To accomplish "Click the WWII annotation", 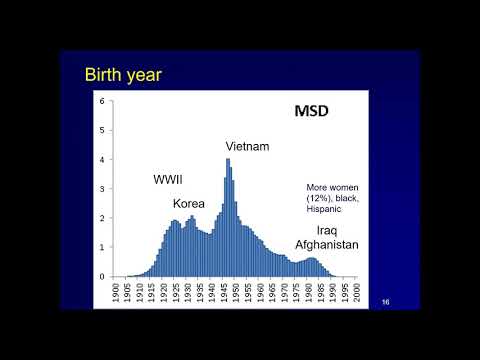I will tap(168, 180).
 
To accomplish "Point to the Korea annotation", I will tap(203, 202).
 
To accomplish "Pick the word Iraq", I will tap(327, 228).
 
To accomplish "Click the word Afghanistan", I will tap(326, 243).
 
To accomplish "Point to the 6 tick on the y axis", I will tap(102, 101).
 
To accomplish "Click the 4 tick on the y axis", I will tap(102, 160).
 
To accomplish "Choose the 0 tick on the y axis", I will tap(102, 277).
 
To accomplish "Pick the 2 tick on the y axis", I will tap(102, 218).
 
